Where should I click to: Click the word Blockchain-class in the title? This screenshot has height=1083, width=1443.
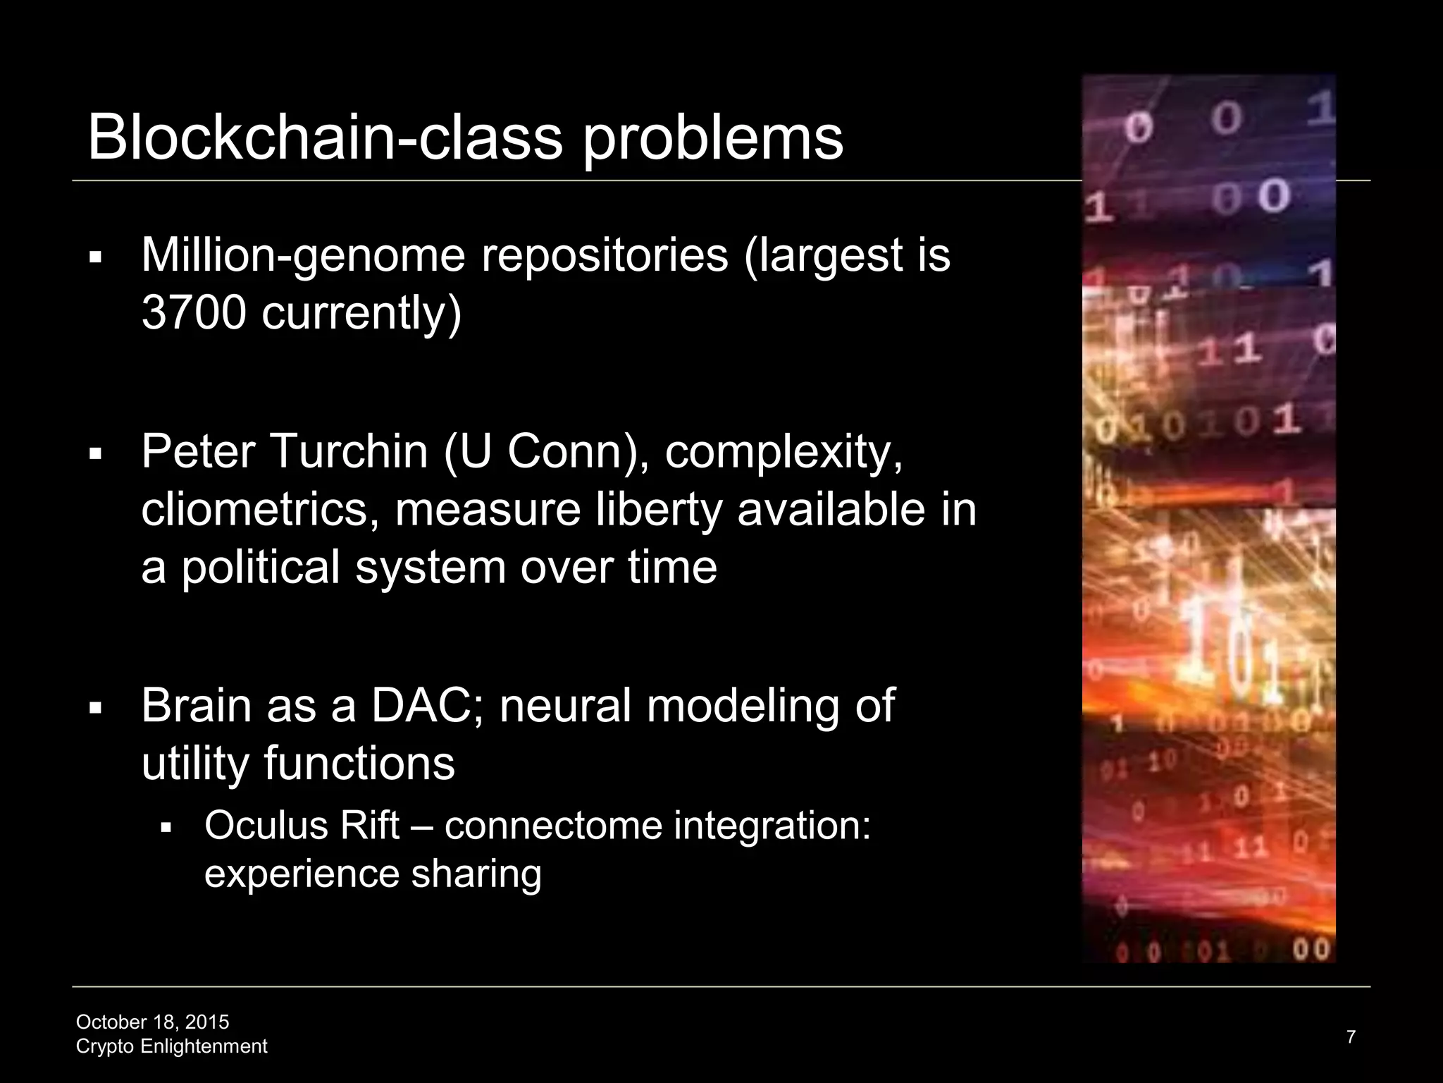point(325,137)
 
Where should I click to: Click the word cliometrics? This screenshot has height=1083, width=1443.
point(254,509)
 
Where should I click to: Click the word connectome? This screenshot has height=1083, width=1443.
point(554,825)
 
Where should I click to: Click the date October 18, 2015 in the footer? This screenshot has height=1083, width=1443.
point(152,1022)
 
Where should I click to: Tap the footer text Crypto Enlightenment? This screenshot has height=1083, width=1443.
point(171,1046)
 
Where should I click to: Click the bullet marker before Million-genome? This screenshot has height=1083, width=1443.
point(96,257)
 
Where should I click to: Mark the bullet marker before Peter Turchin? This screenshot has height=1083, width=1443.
point(96,453)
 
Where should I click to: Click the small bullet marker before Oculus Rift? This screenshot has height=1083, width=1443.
point(166,827)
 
